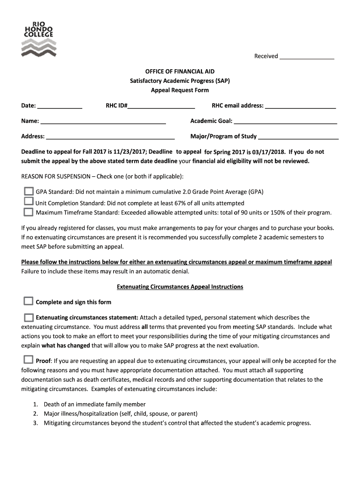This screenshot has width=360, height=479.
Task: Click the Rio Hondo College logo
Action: click(x=39, y=39)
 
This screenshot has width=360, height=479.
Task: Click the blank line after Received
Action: click(x=307, y=57)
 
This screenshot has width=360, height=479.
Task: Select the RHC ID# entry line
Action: click(x=161, y=106)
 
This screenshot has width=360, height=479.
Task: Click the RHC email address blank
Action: click(x=301, y=106)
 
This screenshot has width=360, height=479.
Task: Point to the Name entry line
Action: click(x=103, y=122)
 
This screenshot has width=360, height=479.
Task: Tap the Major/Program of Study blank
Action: click(x=298, y=137)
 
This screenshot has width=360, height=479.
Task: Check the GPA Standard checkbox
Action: click(x=29, y=191)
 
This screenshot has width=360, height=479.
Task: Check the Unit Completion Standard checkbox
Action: click(x=29, y=202)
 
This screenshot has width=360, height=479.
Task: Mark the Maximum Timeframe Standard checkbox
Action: click(x=29, y=212)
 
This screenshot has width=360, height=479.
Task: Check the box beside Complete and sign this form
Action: click(x=29, y=301)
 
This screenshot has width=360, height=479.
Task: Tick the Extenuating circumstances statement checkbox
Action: click(x=29, y=317)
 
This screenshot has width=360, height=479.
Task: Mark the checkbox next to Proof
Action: click(x=29, y=360)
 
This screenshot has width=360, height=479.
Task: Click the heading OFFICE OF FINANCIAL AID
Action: click(x=180, y=72)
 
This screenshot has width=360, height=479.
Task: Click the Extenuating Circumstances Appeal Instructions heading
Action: click(x=180, y=287)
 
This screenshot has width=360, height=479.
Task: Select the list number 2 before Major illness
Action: click(x=36, y=414)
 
